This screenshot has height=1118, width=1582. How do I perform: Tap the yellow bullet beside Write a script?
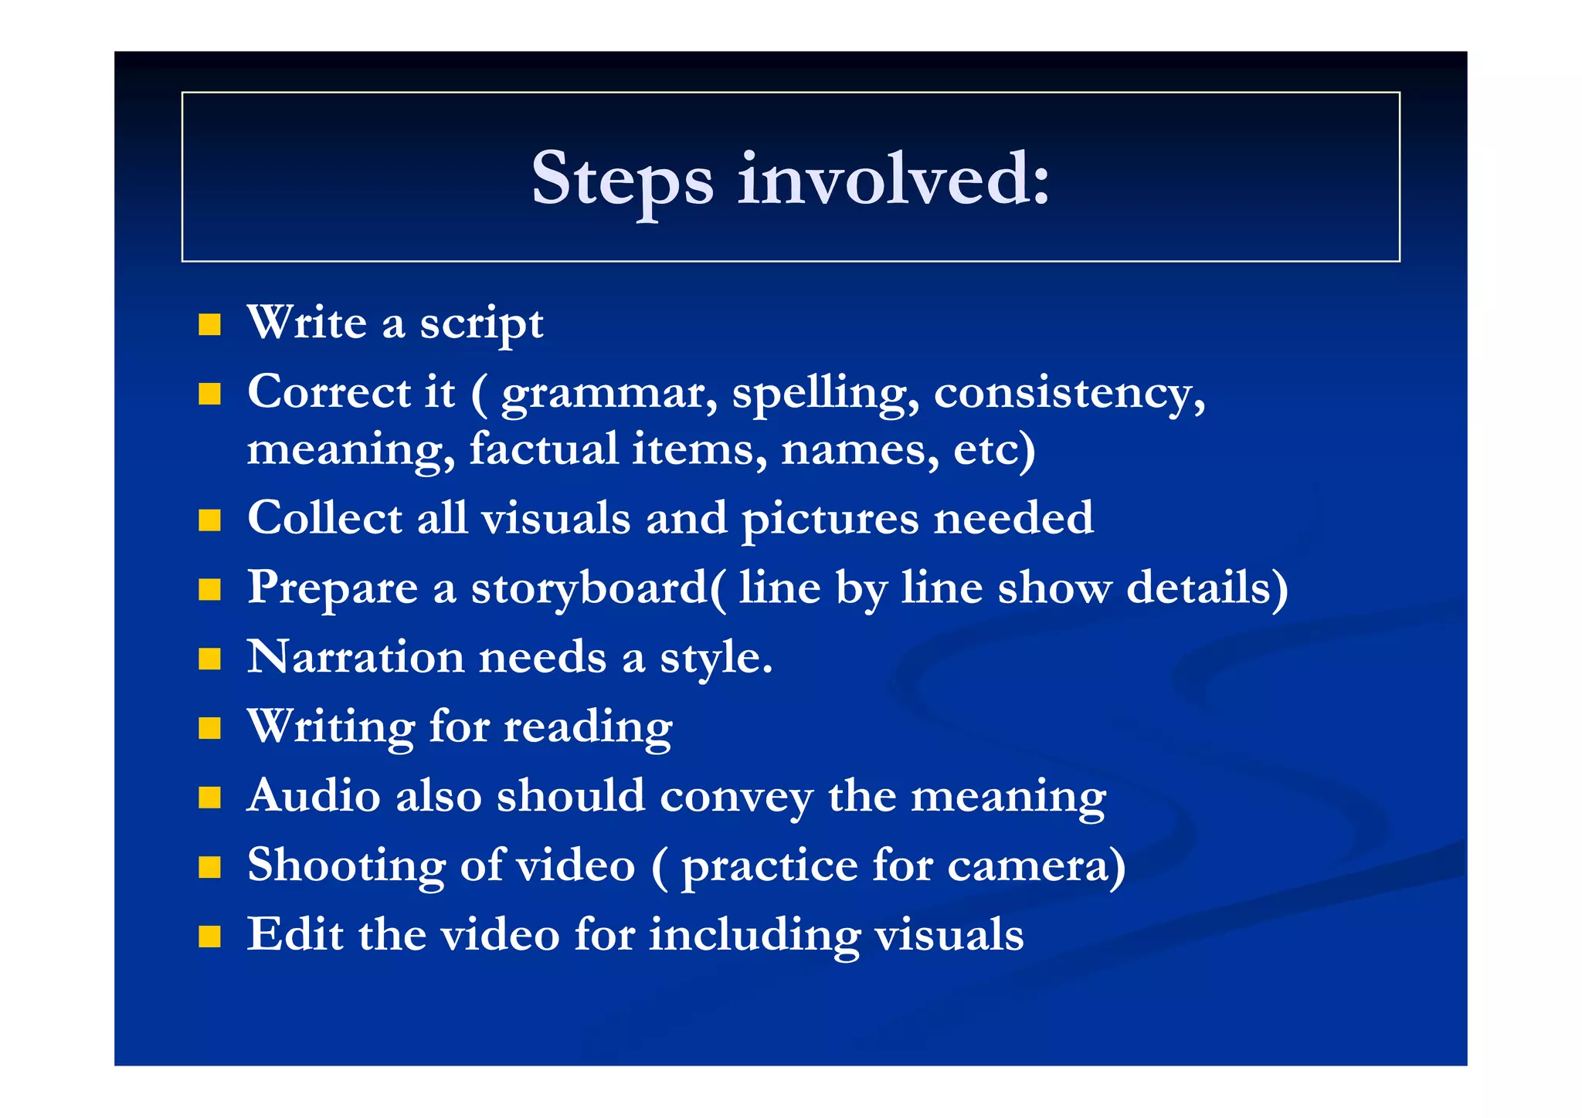tap(209, 324)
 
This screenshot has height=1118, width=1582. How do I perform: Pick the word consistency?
tap(1069, 394)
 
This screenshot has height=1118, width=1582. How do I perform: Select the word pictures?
tap(830, 520)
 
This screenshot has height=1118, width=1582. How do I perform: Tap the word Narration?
tap(355, 658)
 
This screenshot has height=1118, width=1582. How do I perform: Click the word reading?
tap(588, 728)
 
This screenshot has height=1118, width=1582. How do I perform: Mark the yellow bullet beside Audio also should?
tap(209, 798)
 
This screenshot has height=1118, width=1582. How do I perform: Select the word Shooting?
tap(346, 866)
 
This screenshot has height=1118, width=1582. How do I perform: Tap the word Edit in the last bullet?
tap(294, 935)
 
